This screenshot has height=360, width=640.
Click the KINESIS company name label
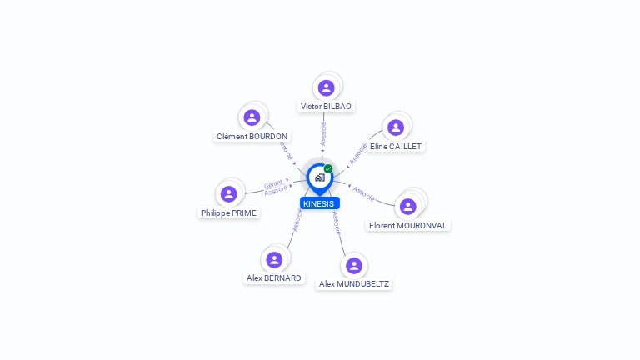click(320, 203)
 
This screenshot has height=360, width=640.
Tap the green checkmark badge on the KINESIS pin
click(328, 168)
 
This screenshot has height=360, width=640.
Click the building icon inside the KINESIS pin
click(320, 177)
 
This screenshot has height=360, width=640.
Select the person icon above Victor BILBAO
click(326, 87)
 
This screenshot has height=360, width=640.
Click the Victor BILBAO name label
click(326, 107)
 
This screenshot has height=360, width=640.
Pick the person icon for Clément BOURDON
click(252, 117)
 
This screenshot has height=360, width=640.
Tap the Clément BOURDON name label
click(252, 137)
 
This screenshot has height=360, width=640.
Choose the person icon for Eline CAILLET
click(396, 127)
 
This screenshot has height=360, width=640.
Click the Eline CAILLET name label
click(396, 146)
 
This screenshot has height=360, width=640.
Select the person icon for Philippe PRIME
click(228, 194)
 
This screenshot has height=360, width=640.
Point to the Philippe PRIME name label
click(228, 213)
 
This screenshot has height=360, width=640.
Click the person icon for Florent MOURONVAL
click(407, 207)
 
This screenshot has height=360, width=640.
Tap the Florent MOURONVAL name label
click(407, 225)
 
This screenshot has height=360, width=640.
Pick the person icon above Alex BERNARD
click(274, 260)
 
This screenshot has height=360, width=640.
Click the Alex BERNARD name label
click(274, 278)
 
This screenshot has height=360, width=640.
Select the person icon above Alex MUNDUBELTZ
click(354, 266)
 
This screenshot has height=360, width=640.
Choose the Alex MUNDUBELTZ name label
click(354, 283)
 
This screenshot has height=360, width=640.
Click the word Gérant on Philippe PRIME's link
click(273, 184)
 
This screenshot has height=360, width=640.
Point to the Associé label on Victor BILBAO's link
click(323, 134)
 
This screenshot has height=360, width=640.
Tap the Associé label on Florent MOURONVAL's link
click(363, 193)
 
